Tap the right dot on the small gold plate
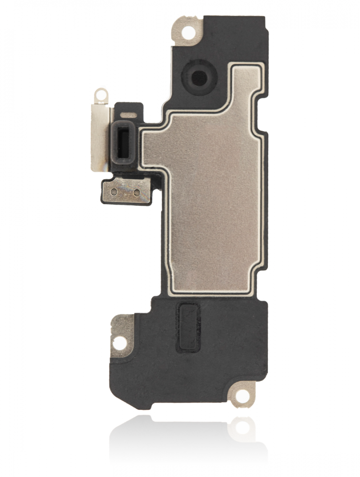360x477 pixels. pos(137,192)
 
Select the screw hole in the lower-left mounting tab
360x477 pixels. pos(119,341)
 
